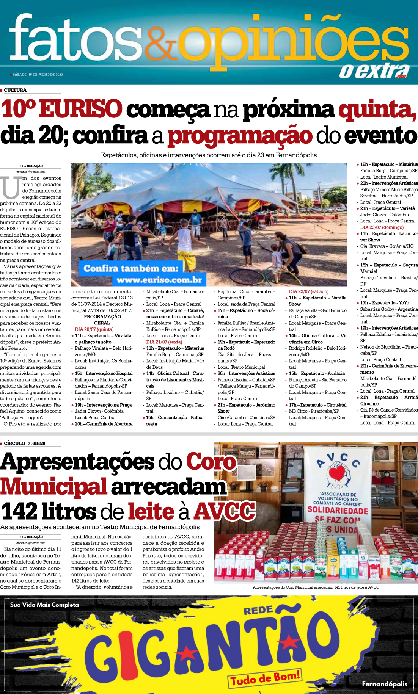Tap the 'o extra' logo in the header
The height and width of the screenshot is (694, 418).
pos(374,70)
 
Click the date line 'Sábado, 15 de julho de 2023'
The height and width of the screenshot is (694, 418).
pos(38,75)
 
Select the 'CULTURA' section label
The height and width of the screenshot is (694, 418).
pos(15,90)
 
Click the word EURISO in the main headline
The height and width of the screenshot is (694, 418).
pos(80,109)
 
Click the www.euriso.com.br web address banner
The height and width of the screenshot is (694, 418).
pos(159,280)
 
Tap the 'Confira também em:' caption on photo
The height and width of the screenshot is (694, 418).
pos(131,268)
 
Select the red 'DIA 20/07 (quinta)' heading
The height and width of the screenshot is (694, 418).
pos(94,329)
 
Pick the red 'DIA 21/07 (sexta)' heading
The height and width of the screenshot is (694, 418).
pos(164,342)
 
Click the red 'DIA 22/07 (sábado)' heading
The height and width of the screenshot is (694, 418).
pos(308,291)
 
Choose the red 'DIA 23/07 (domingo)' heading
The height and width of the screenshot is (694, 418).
pos(382,227)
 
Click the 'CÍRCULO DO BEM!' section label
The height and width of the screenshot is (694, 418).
pos(25,443)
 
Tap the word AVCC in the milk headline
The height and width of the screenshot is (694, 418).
pos(224,511)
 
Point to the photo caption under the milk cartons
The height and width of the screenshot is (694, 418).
pos(316,587)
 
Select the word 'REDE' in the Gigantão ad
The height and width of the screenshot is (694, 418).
pos(258,611)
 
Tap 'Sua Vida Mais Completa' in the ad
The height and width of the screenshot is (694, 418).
pos(44,605)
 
